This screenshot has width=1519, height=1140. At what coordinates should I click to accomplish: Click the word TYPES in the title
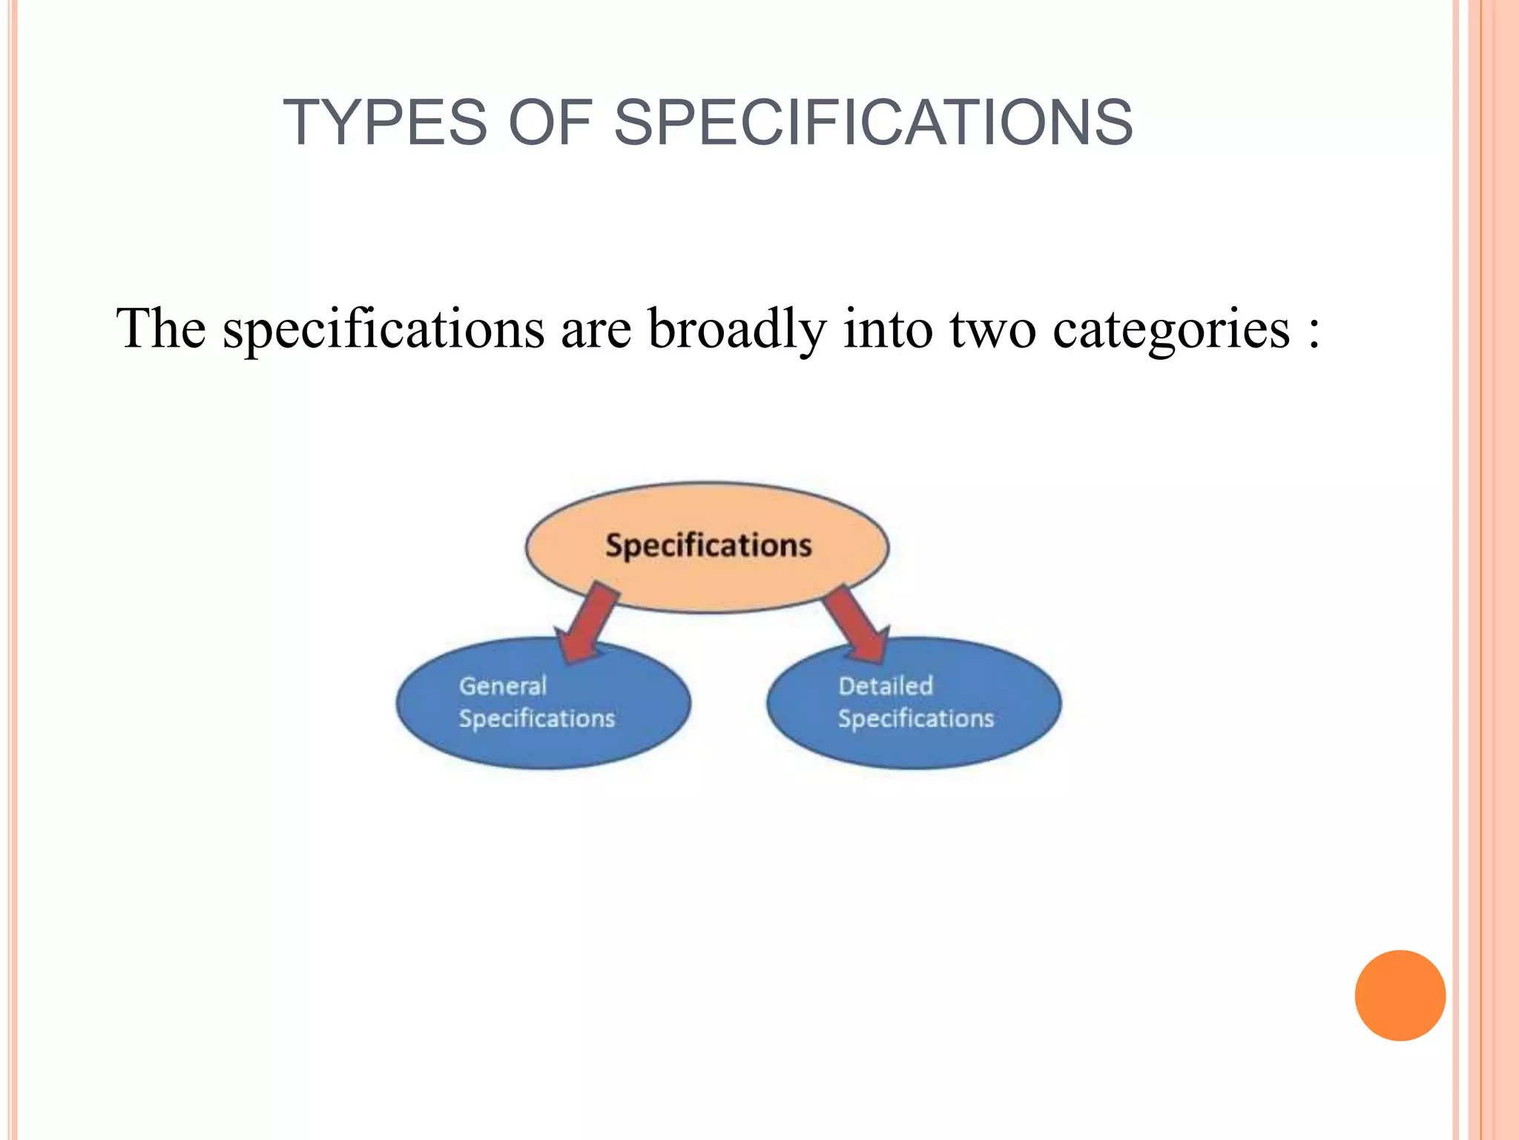tap(385, 122)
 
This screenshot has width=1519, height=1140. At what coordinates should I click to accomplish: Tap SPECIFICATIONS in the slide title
tap(873, 122)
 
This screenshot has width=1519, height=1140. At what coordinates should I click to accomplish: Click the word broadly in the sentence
tap(737, 329)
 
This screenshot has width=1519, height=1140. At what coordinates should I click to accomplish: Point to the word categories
tap(1172, 329)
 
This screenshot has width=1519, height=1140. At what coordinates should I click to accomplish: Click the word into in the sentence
tap(888, 329)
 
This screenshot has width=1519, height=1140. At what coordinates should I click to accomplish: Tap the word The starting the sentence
tap(161, 329)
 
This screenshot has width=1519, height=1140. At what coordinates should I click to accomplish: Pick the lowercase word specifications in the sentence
tap(383, 329)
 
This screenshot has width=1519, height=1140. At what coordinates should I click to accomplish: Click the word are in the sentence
tap(596, 329)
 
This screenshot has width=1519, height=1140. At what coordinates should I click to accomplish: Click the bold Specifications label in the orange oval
tap(708, 546)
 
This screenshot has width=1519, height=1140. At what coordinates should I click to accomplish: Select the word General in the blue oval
tap(503, 686)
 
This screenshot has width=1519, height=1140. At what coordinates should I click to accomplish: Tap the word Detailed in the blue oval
tap(886, 686)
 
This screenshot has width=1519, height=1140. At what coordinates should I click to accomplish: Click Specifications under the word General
tap(537, 718)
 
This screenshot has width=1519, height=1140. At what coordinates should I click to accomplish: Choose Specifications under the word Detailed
tap(916, 718)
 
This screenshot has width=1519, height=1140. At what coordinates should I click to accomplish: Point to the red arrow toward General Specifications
tap(588, 622)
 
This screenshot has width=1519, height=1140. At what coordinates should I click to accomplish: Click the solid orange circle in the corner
tap(1400, 995)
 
